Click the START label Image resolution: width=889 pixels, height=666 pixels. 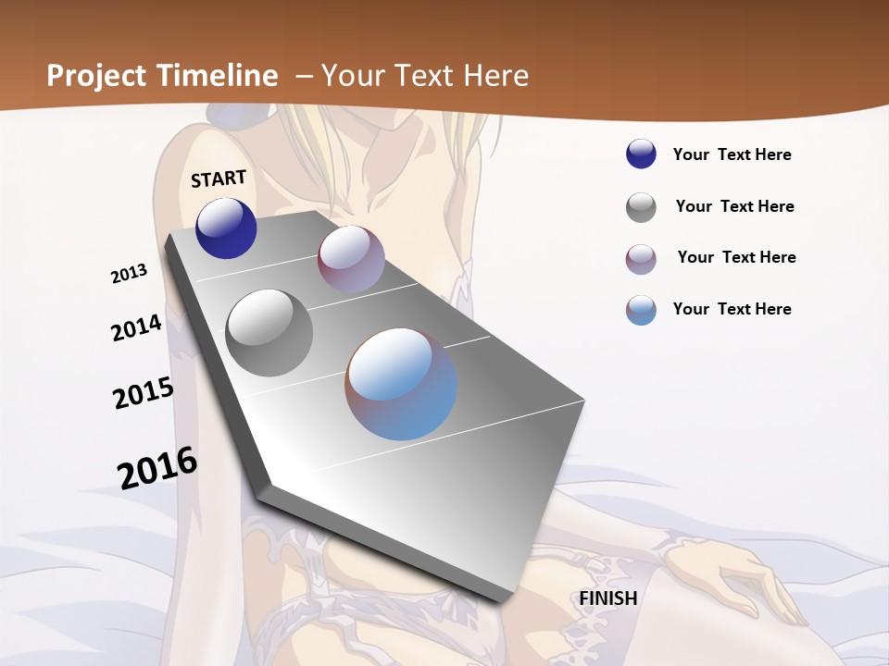(x=219, y=179)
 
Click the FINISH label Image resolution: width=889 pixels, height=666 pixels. (x=608, y=598)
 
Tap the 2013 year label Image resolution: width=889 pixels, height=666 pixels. (x=130, y=274)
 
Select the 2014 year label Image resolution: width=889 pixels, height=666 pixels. (x=136, y=327)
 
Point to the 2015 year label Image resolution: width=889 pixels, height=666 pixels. (x=144, y=393)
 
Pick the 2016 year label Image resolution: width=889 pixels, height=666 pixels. (x=157, y=467)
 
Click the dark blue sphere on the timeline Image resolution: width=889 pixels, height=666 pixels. (x=226, y=228)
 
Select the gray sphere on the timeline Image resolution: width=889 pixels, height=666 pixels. (x=269, y=332)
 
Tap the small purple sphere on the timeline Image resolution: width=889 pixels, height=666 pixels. (x=351, y=259)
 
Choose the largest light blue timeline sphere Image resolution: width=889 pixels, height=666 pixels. (x=401, y=384)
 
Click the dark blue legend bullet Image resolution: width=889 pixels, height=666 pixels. (x=641, y=154)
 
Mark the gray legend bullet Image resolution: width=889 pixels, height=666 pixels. (x=641, y=207)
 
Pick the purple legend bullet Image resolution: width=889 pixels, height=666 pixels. (x=641, y=259)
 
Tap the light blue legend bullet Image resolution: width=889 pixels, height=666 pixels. (x=641, y=310)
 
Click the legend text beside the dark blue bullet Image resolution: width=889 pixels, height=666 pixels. (x=732, y=154)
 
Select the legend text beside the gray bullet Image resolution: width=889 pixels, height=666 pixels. (x=734, y=206)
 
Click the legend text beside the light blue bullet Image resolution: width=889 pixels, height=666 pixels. (x=732, y=309)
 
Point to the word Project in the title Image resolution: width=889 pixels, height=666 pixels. (x=94, y=76)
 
